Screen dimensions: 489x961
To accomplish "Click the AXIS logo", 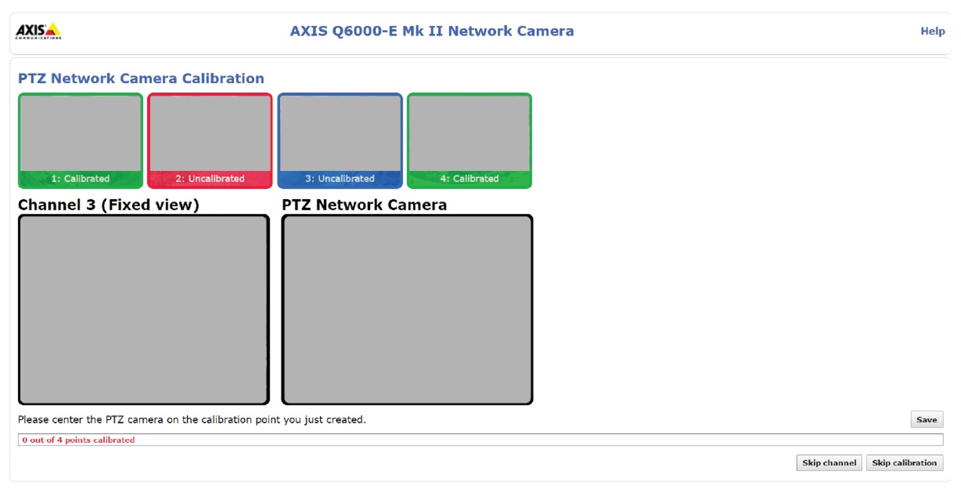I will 38,31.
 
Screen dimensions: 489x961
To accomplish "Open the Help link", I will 932,31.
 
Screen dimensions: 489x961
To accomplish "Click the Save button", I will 926,420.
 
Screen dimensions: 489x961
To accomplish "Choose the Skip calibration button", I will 904,463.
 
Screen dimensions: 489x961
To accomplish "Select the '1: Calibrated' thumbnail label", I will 80,179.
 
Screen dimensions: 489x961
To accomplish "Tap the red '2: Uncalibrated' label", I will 210,179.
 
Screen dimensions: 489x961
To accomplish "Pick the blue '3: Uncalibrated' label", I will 339,179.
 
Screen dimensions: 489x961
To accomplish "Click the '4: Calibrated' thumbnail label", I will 469,179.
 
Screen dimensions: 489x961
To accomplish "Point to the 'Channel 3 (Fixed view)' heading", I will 109,205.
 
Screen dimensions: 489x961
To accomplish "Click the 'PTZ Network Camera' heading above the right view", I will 364,205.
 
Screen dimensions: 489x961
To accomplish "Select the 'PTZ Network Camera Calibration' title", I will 141,79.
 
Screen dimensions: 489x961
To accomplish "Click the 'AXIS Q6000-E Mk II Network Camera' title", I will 432,31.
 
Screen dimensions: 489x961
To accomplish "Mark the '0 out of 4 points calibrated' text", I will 79,440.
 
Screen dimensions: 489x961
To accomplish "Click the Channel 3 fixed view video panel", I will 144,310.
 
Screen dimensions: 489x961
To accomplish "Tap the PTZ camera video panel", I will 407,310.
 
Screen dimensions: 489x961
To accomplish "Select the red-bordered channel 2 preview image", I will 210,133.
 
